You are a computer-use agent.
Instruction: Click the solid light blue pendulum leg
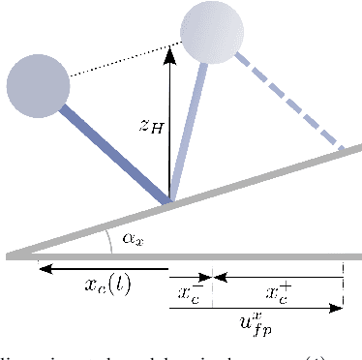[189, 131]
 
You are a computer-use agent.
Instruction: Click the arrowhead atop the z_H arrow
[170, 52]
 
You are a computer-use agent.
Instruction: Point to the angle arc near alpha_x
[113, 242]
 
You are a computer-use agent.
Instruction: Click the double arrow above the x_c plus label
[278, 278]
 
